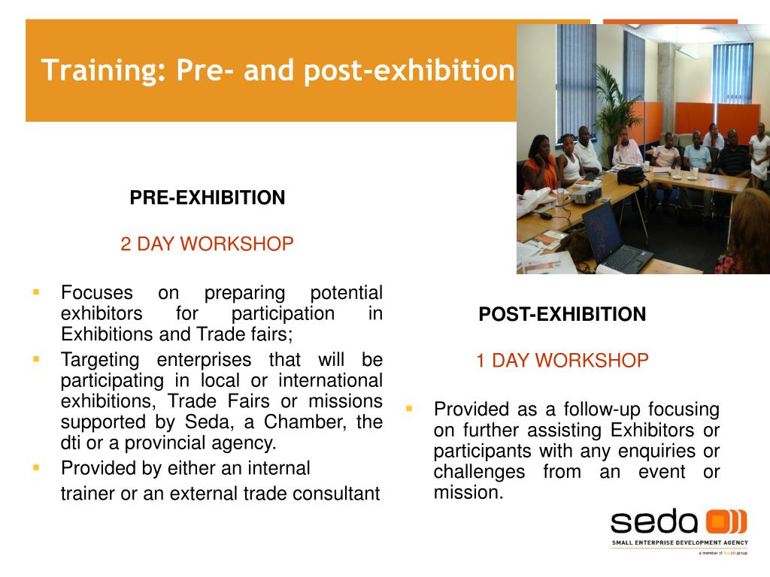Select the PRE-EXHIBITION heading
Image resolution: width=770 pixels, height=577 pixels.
point(208,198)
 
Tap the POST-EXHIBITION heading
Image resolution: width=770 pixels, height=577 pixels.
point(562,314)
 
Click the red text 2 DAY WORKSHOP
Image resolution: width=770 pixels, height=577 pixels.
point(208,244)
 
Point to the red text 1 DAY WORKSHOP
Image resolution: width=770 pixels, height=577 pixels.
point(562,361)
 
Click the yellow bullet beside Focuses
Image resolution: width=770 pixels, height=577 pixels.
point(36,292)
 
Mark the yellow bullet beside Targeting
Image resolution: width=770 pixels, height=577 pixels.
point(36,359)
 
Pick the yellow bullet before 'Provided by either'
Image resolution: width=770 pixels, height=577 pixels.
point(36,467)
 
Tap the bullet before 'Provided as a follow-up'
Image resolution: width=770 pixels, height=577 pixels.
point(409,408)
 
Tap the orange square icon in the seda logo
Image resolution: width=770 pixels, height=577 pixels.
point(718,521)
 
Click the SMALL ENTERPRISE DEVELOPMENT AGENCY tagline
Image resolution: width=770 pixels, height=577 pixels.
point(680,542)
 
